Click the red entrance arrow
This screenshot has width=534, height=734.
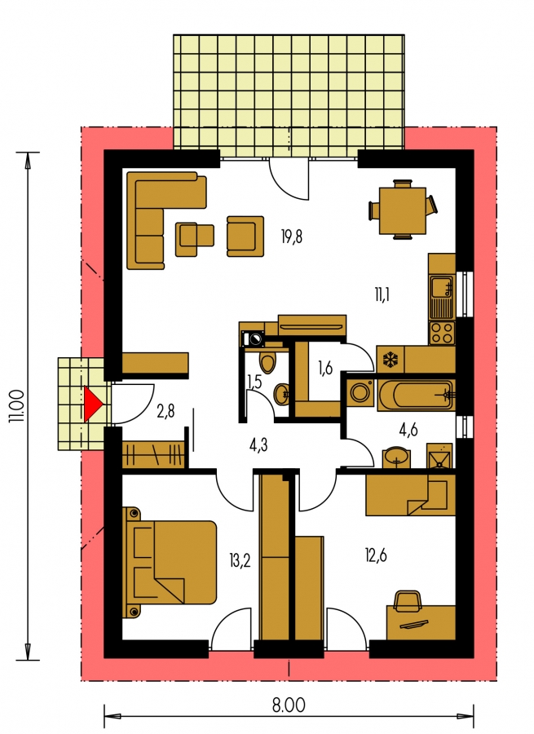pos(92,404)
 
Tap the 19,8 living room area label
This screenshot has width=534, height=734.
pos(292,237)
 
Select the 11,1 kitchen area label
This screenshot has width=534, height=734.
pos(382,295)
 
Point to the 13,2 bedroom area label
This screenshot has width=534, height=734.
pos(240,559)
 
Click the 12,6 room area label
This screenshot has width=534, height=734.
pos(376,555)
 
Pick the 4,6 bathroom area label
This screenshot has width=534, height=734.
pos(408,429)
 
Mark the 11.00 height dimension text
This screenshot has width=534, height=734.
pos(16,405)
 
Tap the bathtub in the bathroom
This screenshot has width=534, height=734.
pos(416,395)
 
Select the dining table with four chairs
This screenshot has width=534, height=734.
pos(403,210)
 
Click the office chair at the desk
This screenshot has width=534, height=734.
pos(408,600)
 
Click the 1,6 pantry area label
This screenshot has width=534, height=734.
pos(324,369)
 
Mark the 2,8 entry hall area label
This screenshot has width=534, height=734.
pos(166,412)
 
